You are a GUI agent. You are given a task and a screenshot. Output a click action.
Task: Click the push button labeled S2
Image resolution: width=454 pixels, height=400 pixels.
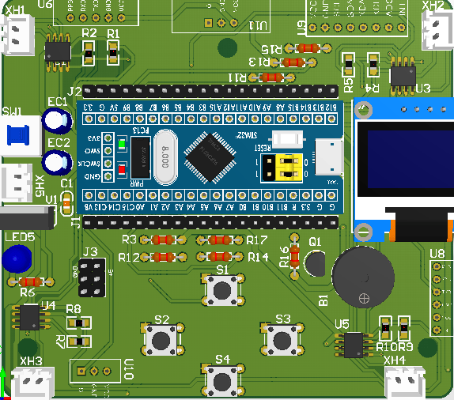coord(162,340)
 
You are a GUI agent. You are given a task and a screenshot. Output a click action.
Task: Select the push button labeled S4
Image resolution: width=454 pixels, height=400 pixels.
coord(222,380)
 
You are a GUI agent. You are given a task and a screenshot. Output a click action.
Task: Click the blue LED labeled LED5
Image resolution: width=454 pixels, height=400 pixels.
coord(16,258)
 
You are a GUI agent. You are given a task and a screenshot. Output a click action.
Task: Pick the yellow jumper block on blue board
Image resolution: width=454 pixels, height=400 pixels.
coord(284,167)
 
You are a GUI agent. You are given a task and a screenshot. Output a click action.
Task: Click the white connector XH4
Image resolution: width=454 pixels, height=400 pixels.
coord(405,383)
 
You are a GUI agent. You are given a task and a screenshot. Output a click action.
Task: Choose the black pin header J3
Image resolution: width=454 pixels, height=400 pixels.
coord(91,277)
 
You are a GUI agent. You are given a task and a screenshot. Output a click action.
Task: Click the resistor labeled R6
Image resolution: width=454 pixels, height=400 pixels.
coord(28,281)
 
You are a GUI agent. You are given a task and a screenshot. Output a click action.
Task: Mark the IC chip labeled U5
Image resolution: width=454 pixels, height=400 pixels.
coord(354,344)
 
